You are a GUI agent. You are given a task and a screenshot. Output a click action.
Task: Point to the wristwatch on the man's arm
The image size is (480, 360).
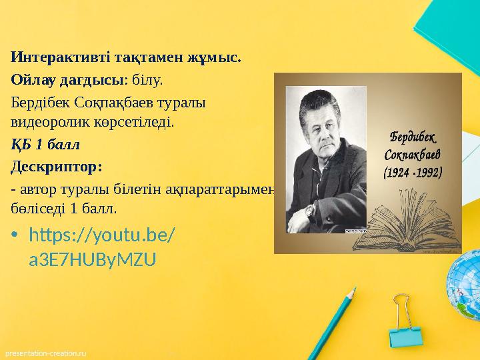click(x=311, y=212)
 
